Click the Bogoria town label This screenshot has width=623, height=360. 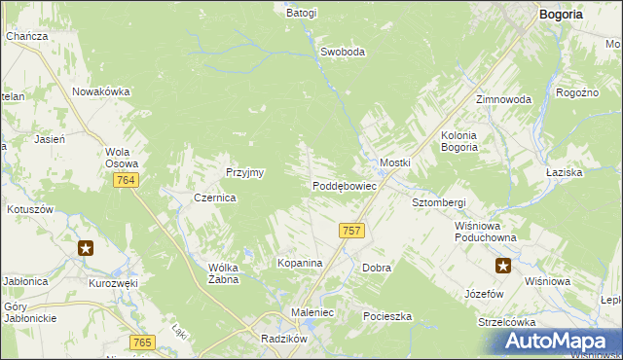pos(562,15)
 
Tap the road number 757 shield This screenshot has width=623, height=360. pos(352,231)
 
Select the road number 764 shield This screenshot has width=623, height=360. pos(126,181)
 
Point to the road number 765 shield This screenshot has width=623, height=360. pos(143,342)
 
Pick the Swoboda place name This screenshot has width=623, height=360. pos(343,52)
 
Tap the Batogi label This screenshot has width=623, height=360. pos(302,14)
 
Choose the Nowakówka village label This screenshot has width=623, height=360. pos(101,91)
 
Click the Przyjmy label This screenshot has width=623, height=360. pos(245,171)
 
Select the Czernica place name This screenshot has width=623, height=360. pos(215,197)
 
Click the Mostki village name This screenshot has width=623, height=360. pos(394,162)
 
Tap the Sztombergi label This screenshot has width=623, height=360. pos(439,202)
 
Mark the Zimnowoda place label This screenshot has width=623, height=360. pos(503,100)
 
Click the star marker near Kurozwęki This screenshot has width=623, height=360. pos(87,248)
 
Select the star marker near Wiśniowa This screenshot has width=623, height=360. pos(503,265)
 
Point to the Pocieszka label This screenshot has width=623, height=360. pos(387,317)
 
